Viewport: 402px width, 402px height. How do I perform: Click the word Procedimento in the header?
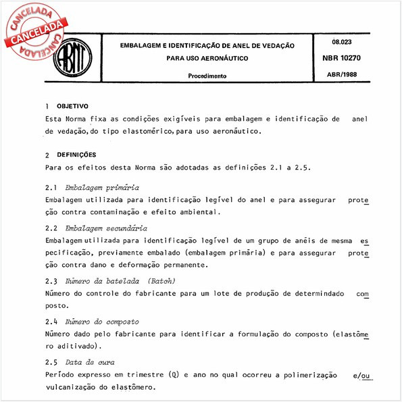click(x=207, y=76)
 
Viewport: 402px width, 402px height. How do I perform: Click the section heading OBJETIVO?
click(x=71, y=107)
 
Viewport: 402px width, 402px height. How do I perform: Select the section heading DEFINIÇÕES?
click(x=76, y=154)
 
